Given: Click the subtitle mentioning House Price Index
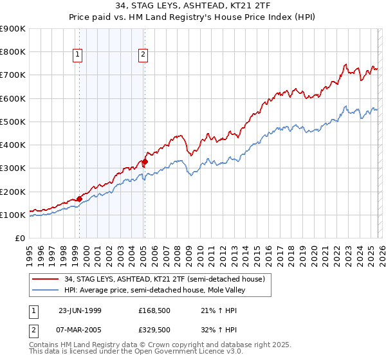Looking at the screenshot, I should click(192, 18).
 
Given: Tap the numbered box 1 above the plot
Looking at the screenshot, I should click(77, 55).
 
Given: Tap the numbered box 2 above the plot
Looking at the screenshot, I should click(142, 55).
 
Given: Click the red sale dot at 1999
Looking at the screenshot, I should click(79, 199).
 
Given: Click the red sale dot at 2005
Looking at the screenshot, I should click(145, 162).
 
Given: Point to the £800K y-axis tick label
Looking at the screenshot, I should click(13, 52).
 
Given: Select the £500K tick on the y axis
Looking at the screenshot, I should click(13, 122).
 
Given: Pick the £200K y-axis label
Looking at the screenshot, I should click(13, 192).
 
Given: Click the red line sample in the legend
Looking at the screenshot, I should click(45, 279).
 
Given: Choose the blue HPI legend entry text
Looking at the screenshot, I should click(154, 291).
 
